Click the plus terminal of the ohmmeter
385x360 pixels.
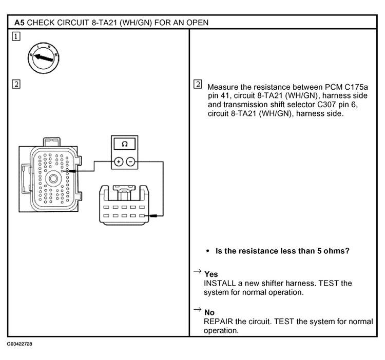119,161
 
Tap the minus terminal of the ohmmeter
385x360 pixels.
131,161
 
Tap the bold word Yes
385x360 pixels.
210,274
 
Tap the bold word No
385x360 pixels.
209,312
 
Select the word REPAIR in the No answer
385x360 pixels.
219,322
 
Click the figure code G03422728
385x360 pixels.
20,343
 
